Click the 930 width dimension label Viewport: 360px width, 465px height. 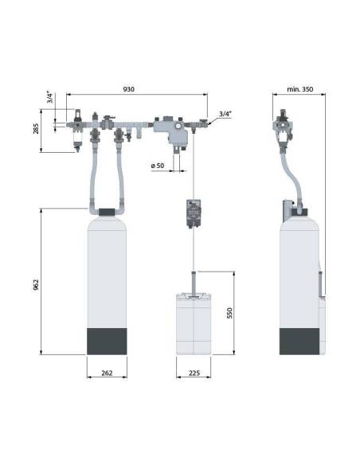pyautogui.click(x=128, y=89)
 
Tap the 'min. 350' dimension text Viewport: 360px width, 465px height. pyautogui.click(x=299, y=89)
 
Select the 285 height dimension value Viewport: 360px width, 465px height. pyautogui.click(x=36, y=129)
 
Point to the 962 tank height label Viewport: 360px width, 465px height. pyautogui.click(x=36, y=285)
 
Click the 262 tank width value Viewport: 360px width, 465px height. pyautogui.click(x=107, y=373)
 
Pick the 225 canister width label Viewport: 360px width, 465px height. pyautogui.click(x=194, y=373)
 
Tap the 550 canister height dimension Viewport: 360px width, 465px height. pyautogui.click(x=230, y=313)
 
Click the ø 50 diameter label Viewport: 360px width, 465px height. pyautogui.click(x=158, y=166)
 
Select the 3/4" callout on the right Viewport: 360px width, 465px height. pyautogui.click(x=225, y=114)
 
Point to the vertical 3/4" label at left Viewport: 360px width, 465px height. pyautogui.click(x=50, y=98)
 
